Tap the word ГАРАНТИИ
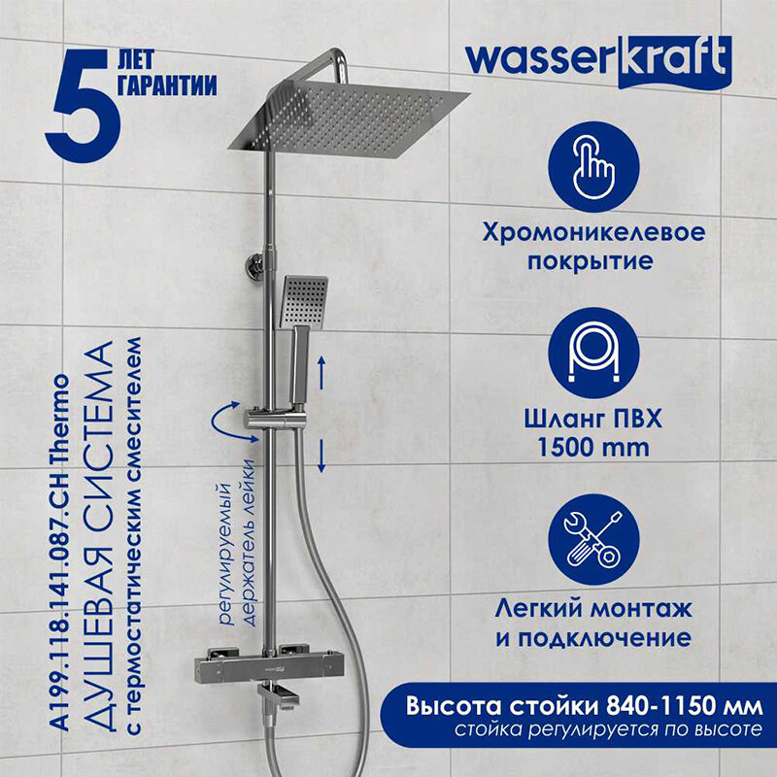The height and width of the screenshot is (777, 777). click(x=167, y=84)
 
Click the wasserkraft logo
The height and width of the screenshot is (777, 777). click(x=598, y=62)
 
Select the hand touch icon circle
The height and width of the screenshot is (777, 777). click(x=593, y=167)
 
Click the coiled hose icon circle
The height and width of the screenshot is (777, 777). click(x=593, y=353)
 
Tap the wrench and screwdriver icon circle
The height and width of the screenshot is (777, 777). click(x=593, y=539)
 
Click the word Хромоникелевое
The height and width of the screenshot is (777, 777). click(x=593, y=232)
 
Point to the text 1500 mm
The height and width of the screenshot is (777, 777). click(x=593, y=448)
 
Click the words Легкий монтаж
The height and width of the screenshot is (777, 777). click(x=593, y=609)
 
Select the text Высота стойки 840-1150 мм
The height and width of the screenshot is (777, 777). click(x=585, y=706)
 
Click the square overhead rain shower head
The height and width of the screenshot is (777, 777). click(x=349, y=118)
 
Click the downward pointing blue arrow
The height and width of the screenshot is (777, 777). click(x=321, y=456)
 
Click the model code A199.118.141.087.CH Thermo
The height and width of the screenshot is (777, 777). click(x=60, y=553)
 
